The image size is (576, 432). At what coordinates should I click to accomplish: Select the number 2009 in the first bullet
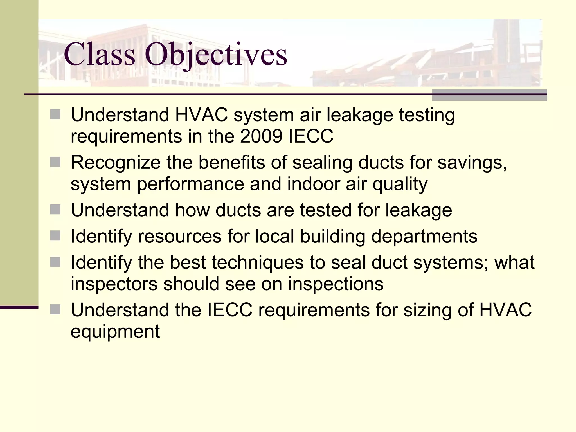click(261, 136)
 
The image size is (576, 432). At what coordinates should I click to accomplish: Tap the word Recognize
click(115, 163)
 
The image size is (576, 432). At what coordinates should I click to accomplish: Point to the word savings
click(472, 163)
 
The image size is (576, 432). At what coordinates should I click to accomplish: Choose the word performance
click(190, 184)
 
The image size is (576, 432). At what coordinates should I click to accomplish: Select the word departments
click(424, 236)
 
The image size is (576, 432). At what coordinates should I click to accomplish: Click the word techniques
click(258, 263)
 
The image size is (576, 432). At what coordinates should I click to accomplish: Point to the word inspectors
click(114, 284)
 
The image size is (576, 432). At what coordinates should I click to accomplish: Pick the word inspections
click(336, 284)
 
